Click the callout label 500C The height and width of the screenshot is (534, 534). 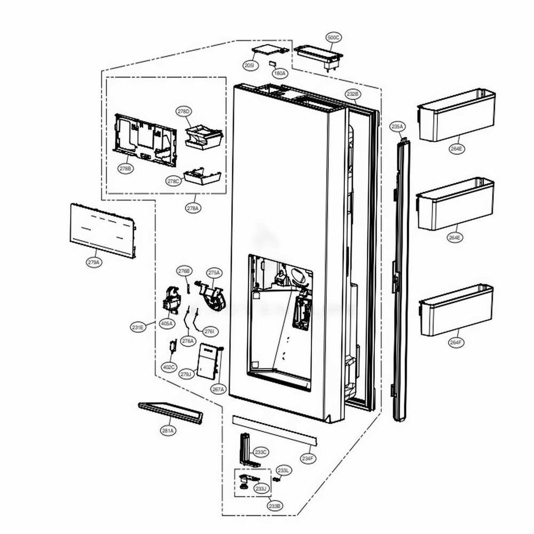333,37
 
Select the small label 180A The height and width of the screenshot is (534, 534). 279,73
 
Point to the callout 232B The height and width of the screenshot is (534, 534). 352,94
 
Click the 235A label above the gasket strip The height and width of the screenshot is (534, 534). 398,127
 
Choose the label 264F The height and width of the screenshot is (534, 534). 456,342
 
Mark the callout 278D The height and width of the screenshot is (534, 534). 184,111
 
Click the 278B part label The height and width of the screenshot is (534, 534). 125,168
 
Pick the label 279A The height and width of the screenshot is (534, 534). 93,262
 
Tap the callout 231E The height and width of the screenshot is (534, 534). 138,327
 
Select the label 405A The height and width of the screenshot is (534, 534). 167,324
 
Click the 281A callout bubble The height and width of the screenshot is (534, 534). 168,430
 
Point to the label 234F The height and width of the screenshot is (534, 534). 308,458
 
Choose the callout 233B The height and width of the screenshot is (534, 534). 274,505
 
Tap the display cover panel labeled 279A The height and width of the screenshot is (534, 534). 102,230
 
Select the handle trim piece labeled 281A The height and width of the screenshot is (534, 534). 170,413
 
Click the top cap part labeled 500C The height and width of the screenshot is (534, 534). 317,55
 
